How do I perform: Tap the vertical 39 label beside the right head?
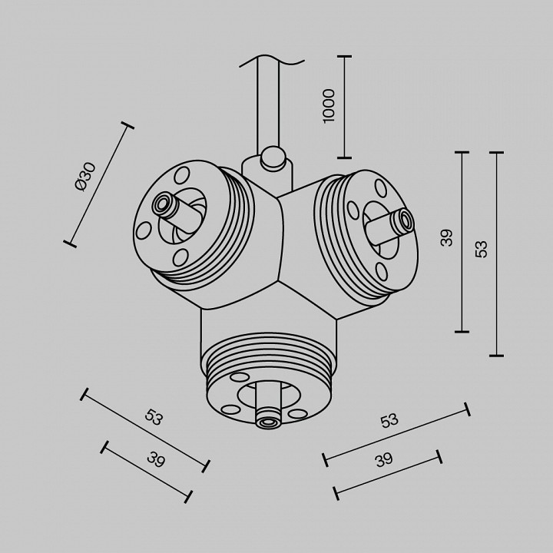click(447, 237)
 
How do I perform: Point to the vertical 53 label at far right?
click(482, 249)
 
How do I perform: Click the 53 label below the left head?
click(154, 418)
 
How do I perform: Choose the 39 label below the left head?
click(156, 460)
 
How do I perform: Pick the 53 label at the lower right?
click(389, 420)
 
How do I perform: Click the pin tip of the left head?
click(162, 204)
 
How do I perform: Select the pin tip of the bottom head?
click(267, 420)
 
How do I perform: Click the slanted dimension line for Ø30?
click(101, 184)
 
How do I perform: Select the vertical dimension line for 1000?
click(343, 107)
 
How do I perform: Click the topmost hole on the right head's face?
click(380, 187)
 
